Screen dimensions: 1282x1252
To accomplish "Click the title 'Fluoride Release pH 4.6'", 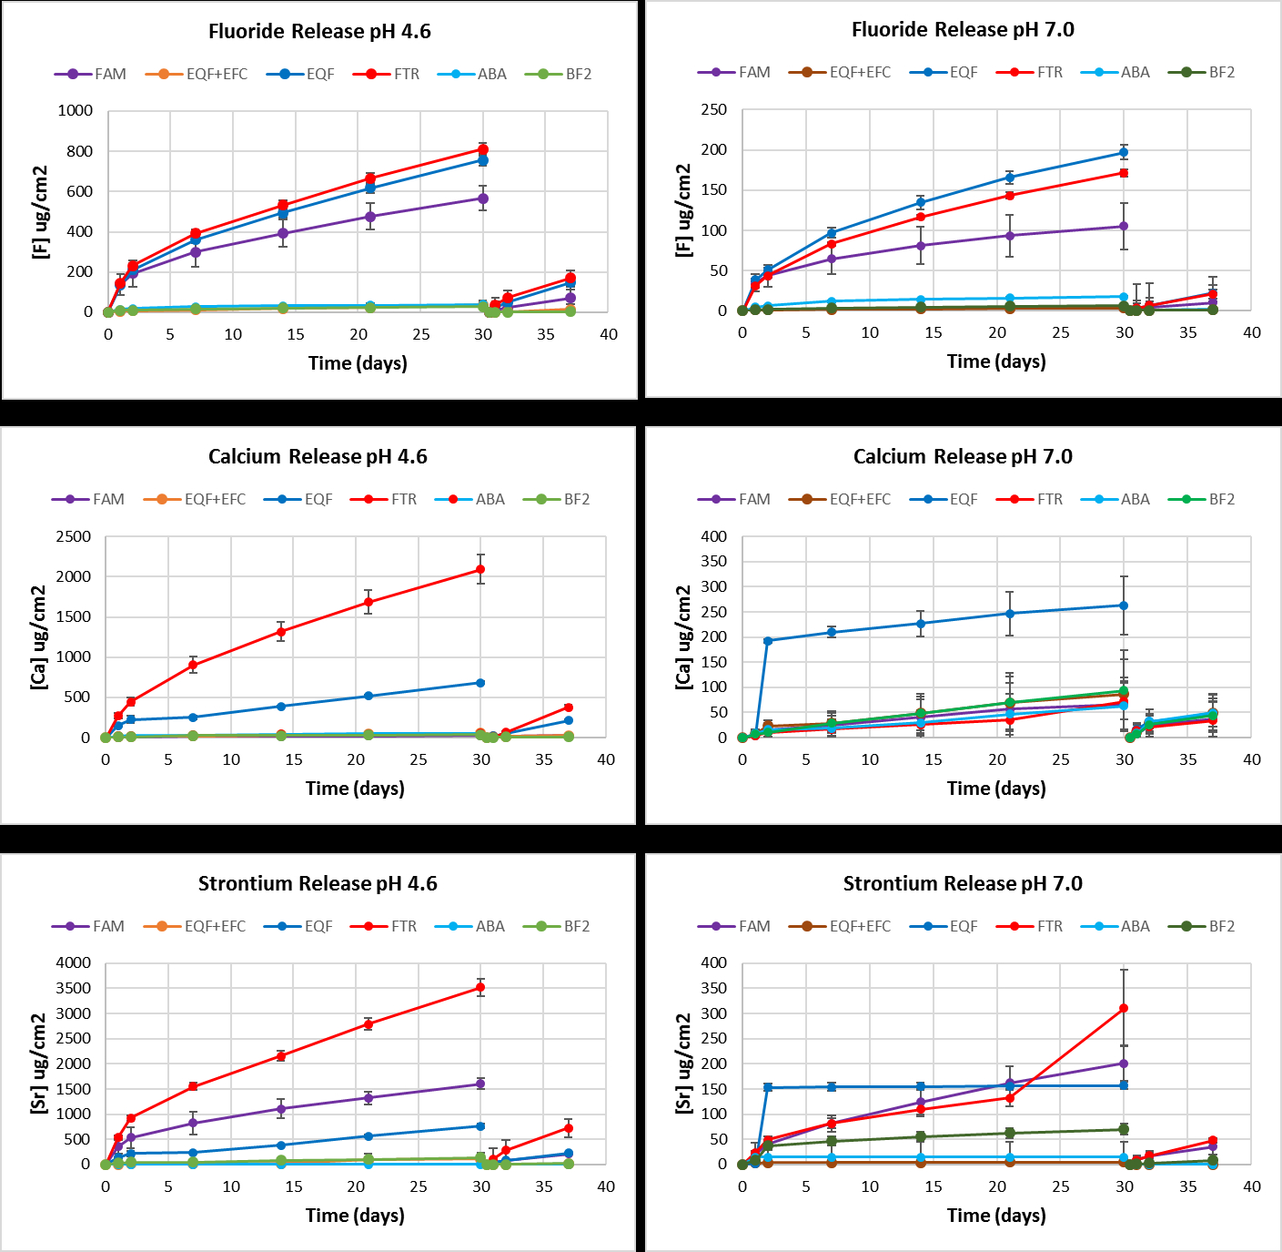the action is [x=319, y=32].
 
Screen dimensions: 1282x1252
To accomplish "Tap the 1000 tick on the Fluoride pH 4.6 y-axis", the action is [x=76, y=111].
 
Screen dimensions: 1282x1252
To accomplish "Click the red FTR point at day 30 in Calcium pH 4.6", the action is [x=481, y=569].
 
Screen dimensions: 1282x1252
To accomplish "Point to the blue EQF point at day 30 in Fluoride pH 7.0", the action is [x=1124, y=152].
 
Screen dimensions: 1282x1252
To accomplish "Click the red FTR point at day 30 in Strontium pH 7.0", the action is [x=1124, y=1008].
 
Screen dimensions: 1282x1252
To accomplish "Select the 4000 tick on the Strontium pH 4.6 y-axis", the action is [x=73, y=962].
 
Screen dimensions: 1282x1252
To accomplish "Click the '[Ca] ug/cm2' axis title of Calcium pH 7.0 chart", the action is [x=683, y=636].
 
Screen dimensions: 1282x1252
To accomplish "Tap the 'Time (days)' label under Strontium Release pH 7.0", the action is [x=996, y=1215].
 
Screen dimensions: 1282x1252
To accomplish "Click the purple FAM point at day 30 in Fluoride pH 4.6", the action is [x=483, y=198].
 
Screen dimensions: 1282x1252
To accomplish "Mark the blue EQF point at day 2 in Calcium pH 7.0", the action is [x=768, y=640].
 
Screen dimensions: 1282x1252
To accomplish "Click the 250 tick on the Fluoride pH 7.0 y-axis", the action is [x=713, y=109].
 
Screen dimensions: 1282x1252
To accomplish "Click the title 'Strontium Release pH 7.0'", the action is [x=963, y=883].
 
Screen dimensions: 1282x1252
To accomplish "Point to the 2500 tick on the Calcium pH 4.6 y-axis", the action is [x=73, y=536].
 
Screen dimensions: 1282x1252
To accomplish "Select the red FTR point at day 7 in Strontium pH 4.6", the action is [x=193, y=1086].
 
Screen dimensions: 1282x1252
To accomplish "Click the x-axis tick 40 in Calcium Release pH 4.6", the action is [x=605, y=759].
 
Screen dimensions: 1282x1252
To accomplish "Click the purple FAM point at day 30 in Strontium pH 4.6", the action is [x=481, y=1084].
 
